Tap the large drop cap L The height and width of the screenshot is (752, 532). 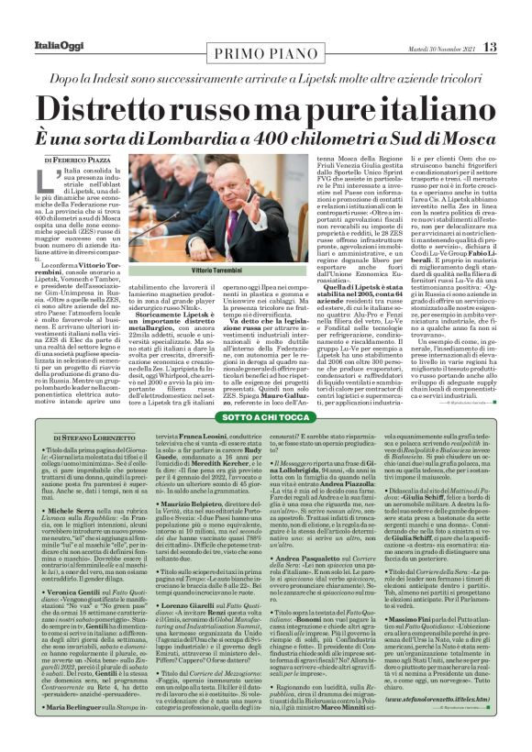pos(46,185)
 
